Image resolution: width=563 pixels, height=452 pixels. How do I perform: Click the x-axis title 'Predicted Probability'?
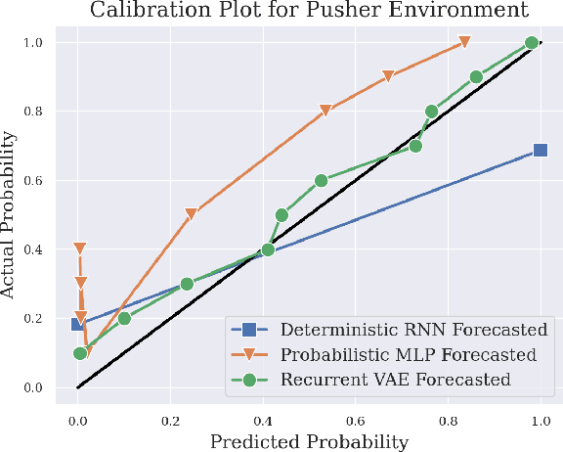tap(309, 440)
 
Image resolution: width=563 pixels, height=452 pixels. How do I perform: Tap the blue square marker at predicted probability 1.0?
tap(540, 151)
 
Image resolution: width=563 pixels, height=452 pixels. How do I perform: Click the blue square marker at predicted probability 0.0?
tap(78, 324)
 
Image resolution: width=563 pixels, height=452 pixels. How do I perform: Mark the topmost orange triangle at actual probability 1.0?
tap(464, 42)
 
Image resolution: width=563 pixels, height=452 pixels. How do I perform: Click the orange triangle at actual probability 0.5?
tap(192, 214)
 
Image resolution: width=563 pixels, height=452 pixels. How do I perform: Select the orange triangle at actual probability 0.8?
tap(325, 112)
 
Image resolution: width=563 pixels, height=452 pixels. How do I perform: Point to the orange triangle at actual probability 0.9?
tap(388, 76)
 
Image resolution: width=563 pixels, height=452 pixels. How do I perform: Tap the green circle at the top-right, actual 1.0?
tap(532, 43)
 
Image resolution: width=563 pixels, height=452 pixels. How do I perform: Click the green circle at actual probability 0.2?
tap(124, 318)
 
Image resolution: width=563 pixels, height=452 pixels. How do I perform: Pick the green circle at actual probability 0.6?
tap(321, 181)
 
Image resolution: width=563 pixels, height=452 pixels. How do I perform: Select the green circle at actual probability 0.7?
tap(415, 146)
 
